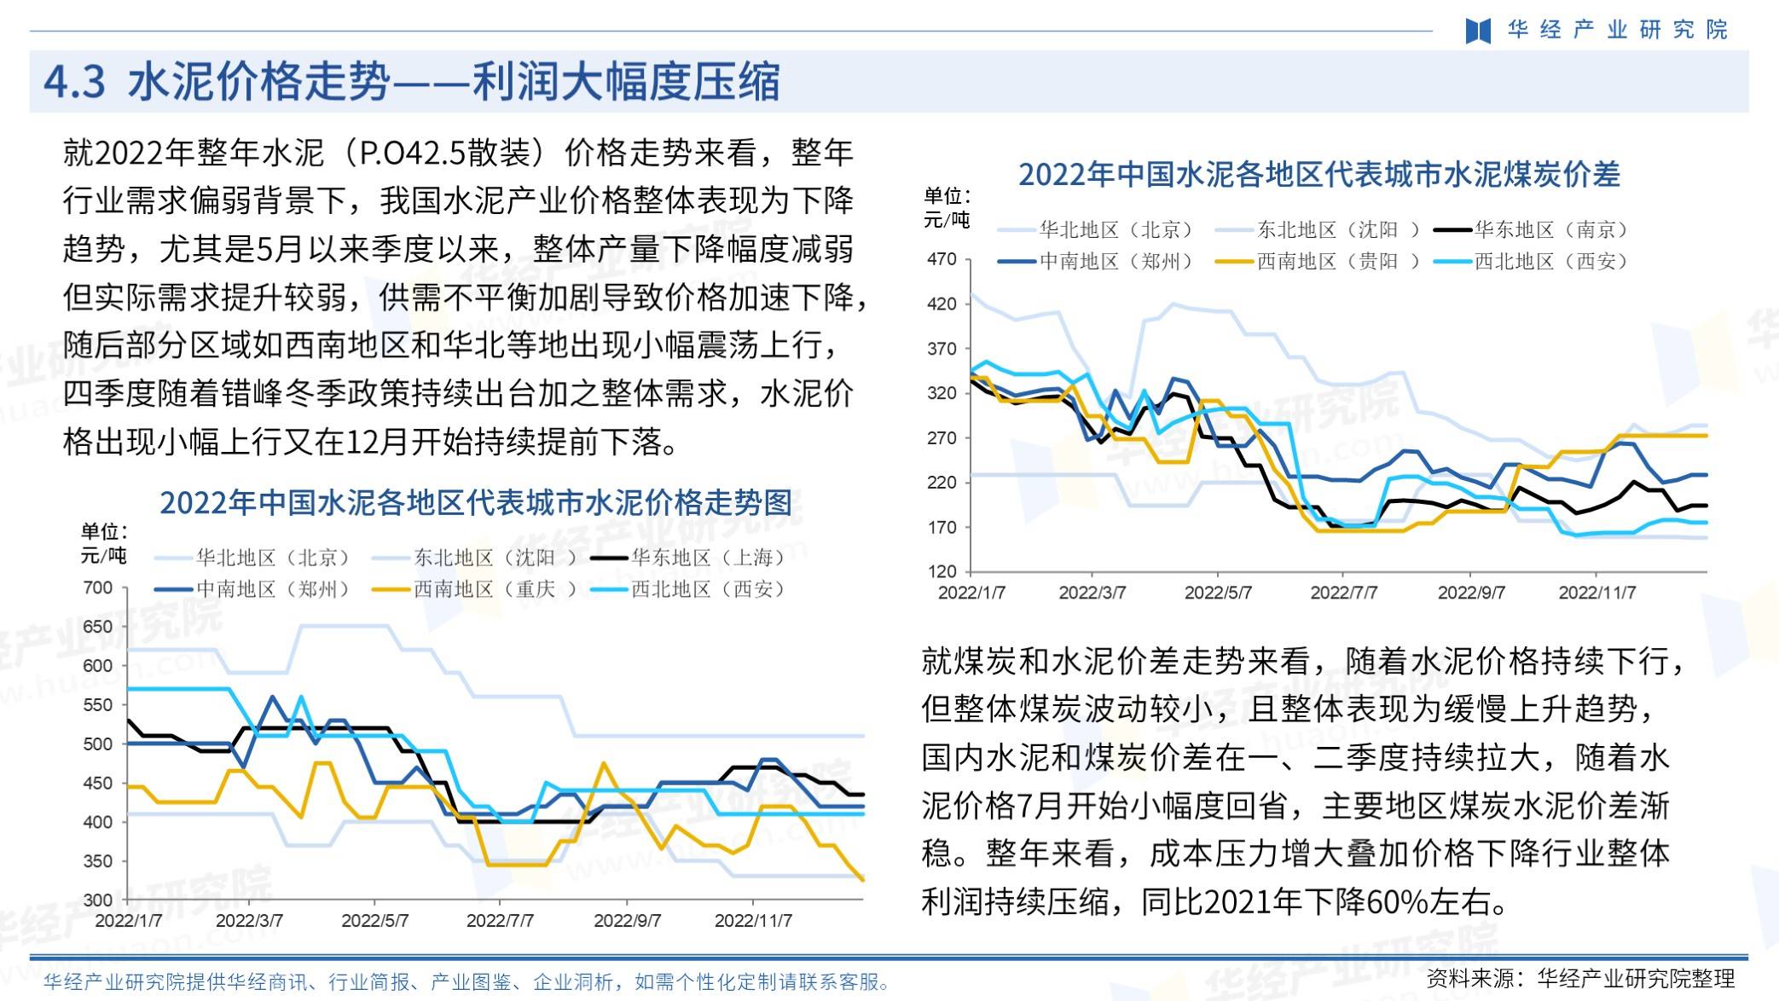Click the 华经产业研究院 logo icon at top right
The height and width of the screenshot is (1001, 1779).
[1478, 31]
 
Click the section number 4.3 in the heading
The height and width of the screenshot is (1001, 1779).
[74, 83]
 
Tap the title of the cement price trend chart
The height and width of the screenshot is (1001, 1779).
[476, 502]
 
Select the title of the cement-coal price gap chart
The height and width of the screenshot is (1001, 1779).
[1318, 175]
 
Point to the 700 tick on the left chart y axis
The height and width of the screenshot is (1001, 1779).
[98, 587]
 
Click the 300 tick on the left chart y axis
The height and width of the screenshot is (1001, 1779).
[98, 900]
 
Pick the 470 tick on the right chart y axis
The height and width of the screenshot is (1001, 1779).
[942, 259]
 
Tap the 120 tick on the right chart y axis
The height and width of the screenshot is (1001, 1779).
[942, 571]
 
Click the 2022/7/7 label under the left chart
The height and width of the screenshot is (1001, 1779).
[500, 921]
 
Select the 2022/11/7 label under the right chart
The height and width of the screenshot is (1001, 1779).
[1596, 593]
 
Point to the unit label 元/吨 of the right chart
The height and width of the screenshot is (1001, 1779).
[947, 220]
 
